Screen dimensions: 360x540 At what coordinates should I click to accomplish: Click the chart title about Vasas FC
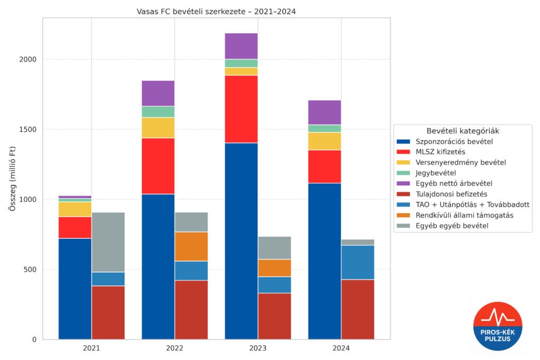click(216, 12)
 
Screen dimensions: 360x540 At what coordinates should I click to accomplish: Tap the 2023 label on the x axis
click(258, 348)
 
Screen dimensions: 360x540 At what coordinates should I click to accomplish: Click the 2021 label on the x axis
click(91, 348)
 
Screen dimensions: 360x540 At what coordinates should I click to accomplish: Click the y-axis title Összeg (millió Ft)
click(12, 179)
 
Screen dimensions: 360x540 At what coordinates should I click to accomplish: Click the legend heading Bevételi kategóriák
click(462, 130)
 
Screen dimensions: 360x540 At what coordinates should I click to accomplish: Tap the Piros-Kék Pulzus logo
click(497, 326)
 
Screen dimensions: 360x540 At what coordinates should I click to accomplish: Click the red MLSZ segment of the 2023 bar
click(241, 109)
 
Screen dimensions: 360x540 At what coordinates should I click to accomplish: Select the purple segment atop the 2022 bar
click(158, 93)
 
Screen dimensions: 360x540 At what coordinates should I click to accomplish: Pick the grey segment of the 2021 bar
click(108, 242)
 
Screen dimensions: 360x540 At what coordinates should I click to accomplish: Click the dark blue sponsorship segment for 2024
click(324, 261)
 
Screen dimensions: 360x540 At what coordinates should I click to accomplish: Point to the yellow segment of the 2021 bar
click(75, 209)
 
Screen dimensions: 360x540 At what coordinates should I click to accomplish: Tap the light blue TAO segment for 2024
click(358, 262)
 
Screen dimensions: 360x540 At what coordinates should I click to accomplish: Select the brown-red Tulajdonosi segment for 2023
click(274, 316)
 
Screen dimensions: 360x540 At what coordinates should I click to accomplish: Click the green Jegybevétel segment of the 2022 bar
click(158, 112)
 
